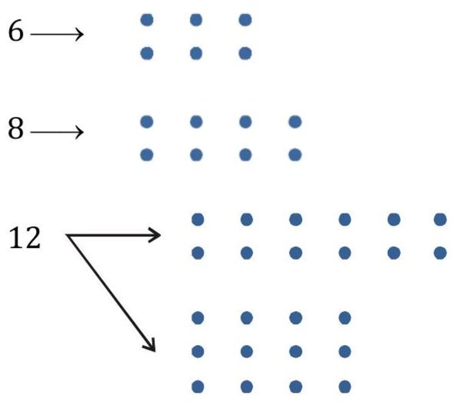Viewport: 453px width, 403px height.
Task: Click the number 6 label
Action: pos(16,32)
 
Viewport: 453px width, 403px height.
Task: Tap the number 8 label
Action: pos(16,129)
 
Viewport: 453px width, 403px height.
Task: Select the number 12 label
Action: pos(24,238)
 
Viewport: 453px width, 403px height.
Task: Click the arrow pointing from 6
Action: pos(57,34)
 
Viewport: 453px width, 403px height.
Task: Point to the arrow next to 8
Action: pos(57,132)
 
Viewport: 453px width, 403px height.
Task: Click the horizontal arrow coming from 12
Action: pos(113,235)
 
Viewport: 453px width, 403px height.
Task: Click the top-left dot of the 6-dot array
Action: pos(147,20)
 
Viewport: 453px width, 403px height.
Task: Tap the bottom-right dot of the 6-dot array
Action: pos(245,53)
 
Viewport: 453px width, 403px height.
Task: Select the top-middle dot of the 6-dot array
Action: pos(196,20)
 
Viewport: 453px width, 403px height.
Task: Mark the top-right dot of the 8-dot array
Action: pos(295,122)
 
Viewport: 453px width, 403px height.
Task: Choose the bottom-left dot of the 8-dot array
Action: pos(147,155)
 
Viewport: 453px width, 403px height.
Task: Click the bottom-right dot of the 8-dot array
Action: pos(295,155)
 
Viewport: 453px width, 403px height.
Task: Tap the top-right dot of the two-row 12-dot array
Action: pos(440,219)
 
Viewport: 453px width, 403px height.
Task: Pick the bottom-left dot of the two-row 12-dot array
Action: pos(198,253)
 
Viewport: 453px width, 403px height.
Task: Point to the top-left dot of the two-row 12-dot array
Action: pos(198,219)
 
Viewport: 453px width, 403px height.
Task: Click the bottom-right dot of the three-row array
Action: pos(345,387)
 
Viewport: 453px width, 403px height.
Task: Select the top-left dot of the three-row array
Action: pos(198,318)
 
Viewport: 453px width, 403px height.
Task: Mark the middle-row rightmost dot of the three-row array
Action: pos(345,352)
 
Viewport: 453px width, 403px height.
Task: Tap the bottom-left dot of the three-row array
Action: pos(198,387)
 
